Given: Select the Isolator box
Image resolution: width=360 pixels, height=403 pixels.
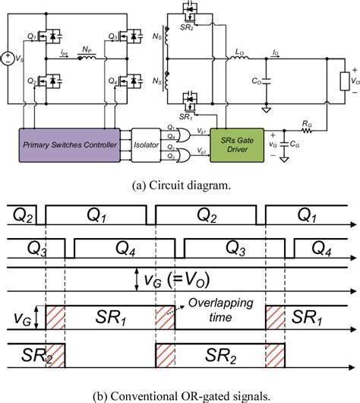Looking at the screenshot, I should pos(147,144).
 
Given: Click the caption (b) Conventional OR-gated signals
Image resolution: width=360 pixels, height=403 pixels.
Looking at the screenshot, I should pos(179,393).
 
